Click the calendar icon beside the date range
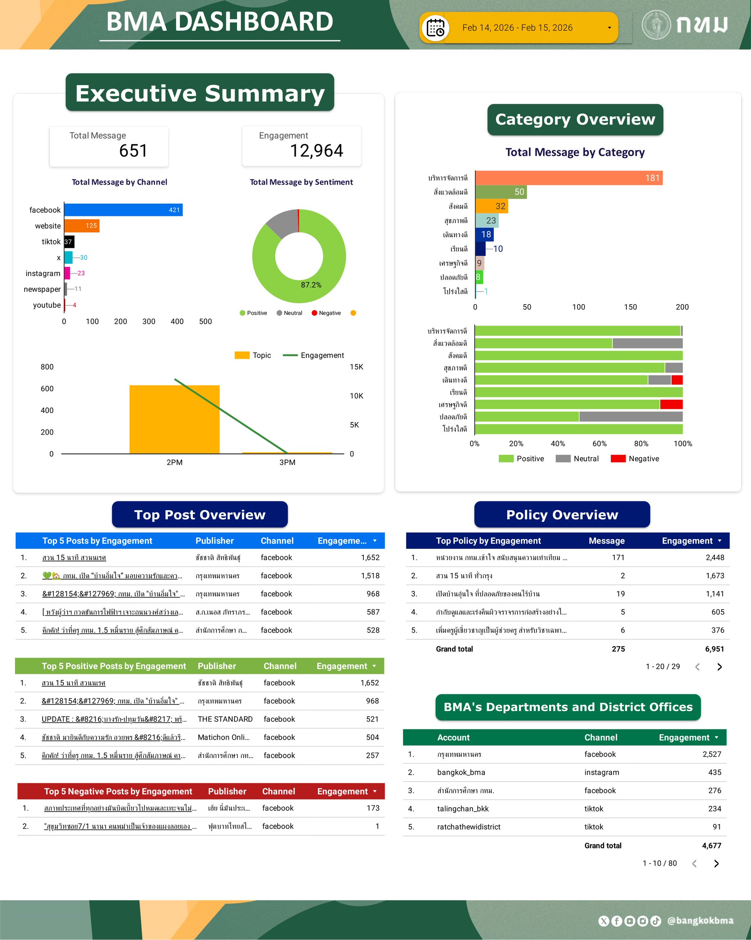pos(435,28)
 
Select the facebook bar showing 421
pos(123,210)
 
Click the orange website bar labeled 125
pos(82,225)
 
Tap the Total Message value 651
pos(133,151)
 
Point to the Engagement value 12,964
pos(317,151)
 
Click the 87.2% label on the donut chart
pos(311,285)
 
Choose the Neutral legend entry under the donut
pos(289,313)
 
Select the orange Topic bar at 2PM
pos(174,420)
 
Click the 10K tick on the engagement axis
pos(356,396)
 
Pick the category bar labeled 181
pos(568,178)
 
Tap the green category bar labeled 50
pos(500,192)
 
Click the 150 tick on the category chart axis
pos(630,307)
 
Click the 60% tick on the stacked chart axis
pos(599,443)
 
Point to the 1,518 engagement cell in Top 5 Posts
pos(370,575)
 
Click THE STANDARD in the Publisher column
pos(225,719)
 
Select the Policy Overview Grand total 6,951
pos(714,649)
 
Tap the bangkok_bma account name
pos(461,772)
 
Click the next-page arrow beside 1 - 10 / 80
pos(716,863)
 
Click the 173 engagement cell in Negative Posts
pos(372,808)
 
